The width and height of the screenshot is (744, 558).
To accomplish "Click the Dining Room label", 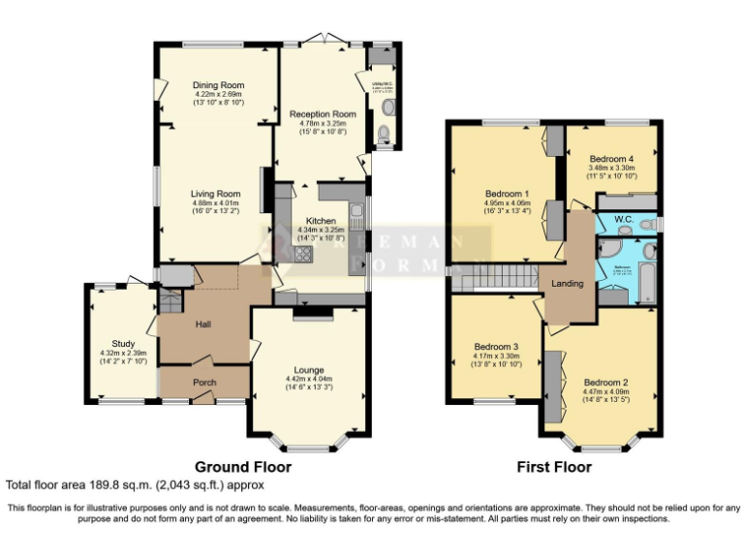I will tap(218, 84).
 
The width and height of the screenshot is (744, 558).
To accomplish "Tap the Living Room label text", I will tap(215, 194).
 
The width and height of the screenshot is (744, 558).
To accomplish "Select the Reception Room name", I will tap(324, 113).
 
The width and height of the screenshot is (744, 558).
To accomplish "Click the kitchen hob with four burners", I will tap(302, 255).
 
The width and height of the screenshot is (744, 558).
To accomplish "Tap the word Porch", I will tap(204, 383).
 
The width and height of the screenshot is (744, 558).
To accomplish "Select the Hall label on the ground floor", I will tap(204, 325).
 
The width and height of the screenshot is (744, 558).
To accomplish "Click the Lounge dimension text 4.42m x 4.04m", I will tap(309, 379).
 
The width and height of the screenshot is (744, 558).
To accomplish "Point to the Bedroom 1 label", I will tap(508, 193).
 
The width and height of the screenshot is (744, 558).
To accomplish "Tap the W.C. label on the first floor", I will tap(624, 220).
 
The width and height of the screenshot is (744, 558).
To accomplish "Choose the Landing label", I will tap(568, 283).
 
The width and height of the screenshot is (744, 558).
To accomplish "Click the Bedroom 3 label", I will tap(496, 347).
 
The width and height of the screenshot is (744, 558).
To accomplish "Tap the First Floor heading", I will tap(553, 466).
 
